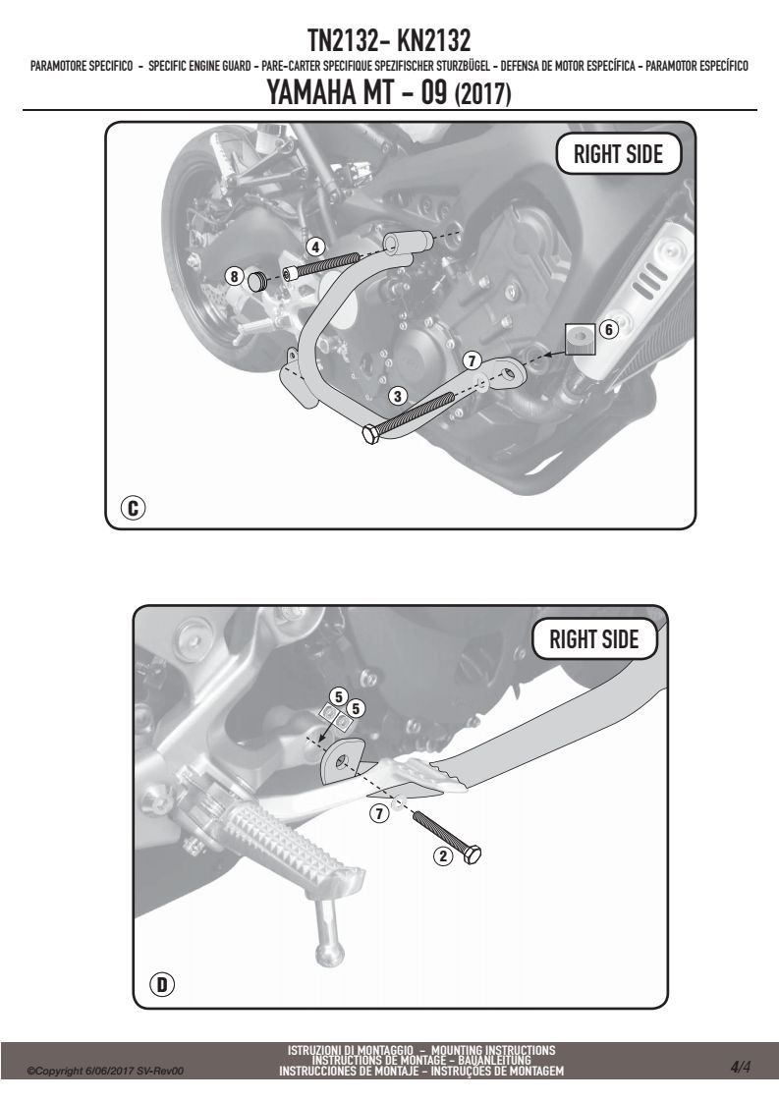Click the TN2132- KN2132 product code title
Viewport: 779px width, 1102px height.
[x=389, y=41]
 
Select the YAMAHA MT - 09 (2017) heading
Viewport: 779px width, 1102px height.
[x=389, y=92]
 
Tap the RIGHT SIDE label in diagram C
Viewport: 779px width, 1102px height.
[x=618, y=154]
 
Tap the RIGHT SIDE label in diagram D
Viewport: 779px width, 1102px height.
[x=594, y=639]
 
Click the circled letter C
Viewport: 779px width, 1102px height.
[x=133, y=507]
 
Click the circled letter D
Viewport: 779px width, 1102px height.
[x=162, y=985]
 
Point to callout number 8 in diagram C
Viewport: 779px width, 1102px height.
[x=234, y=276]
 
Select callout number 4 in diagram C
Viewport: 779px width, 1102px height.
[x=315, y=247]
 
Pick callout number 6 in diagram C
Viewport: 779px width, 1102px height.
[x=609, y=328]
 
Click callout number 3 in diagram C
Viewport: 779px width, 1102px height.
[x=397, y=396]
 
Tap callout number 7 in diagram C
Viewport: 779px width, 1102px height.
[x=472, y=360]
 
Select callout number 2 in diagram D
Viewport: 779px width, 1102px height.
[x=442, y=856]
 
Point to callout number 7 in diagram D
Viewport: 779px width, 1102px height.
[x=379, y=814]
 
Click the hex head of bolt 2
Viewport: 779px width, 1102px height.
[x=472, y=854]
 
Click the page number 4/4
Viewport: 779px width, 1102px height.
[x=741, y=1068]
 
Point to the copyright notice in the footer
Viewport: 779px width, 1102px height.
[x=105, y=1072]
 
